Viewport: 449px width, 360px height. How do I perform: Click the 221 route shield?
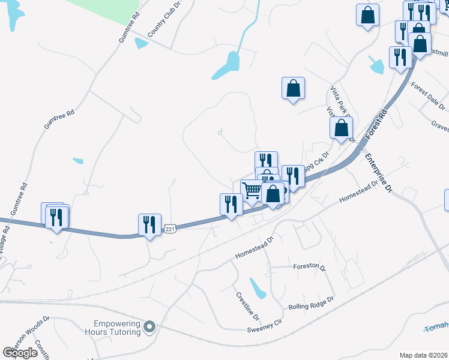tap(171, 229)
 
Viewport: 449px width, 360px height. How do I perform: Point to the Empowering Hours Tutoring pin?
tap(150, 327)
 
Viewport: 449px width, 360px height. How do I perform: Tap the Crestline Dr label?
tap(247, 305)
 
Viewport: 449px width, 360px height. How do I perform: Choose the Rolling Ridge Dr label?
tap(315, 303)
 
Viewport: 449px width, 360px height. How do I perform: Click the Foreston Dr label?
tap(309, 267)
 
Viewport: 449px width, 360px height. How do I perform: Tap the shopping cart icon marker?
tap(252, 191)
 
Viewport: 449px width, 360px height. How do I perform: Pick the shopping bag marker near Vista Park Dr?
tap(341, 128)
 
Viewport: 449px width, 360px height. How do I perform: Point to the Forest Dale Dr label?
tap(428, 96)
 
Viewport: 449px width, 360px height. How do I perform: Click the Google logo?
tap(20, 353)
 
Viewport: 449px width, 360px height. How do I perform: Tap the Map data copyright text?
tap(423, 355)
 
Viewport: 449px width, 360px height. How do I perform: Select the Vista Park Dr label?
tap(339, 99)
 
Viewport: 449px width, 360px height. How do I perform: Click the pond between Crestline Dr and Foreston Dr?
tap(258, 289)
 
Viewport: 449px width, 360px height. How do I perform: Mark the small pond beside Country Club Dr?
tap(141, 43)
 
